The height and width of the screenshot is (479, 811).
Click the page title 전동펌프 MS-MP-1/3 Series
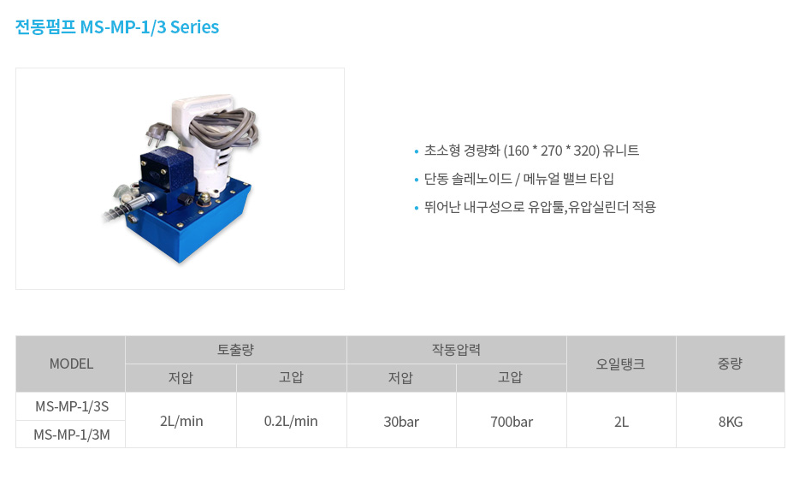point(117,27)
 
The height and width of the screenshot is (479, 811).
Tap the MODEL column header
point(71,364)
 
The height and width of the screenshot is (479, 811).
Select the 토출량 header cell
point(236,350)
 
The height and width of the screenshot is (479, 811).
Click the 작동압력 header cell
point(457,350)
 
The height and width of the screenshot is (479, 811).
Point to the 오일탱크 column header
point(621,364)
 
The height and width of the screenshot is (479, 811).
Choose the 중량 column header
point(731,364)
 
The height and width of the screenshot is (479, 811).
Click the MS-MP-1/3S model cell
point(71,406)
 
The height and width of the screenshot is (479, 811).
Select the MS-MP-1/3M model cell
point(71,435)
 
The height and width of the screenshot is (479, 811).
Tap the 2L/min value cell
point(181,421)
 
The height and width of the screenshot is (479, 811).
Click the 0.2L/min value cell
point(291,421)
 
